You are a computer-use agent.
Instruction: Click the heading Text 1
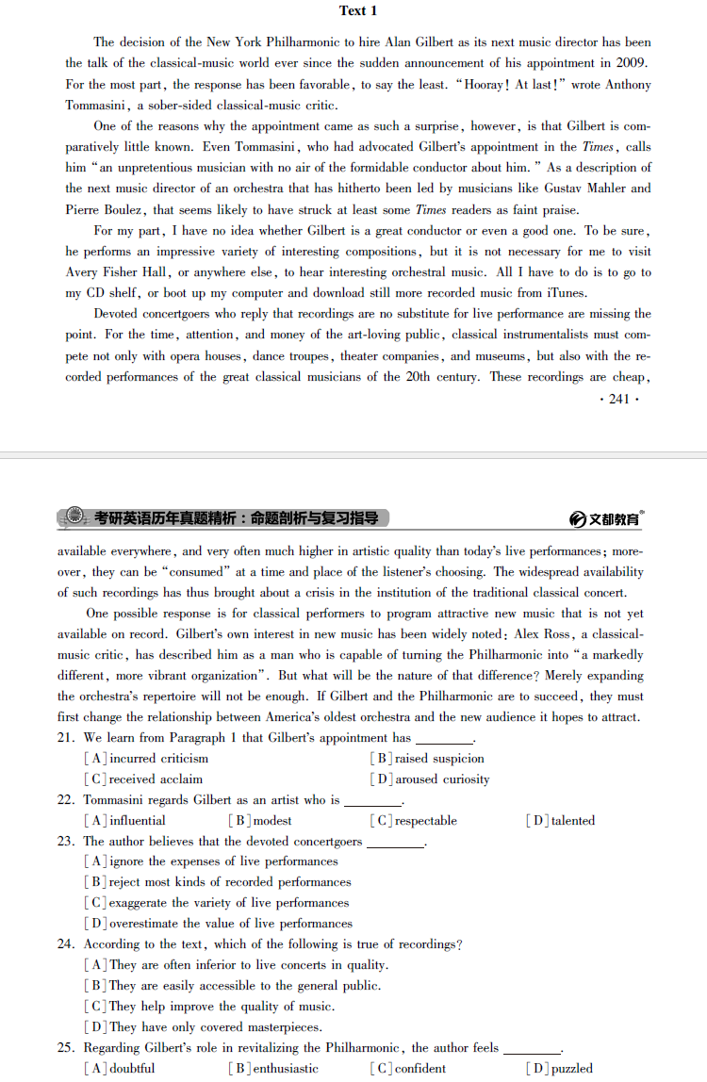point(357,11)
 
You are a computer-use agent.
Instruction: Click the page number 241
point(618,399)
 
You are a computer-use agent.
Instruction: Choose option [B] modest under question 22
point(260,821)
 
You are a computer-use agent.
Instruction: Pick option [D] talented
point(561,821)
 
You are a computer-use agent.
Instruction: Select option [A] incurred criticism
point(147,759)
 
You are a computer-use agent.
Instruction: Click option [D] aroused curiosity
point(430,779)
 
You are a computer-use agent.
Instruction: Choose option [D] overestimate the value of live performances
point(219,924)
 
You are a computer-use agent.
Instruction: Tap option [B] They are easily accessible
point(233,986)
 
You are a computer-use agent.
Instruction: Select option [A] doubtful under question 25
point(120,1069)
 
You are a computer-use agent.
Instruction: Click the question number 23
point(66,842)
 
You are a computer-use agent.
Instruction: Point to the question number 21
point(66,738)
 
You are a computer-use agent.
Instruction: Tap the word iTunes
point(566,293)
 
